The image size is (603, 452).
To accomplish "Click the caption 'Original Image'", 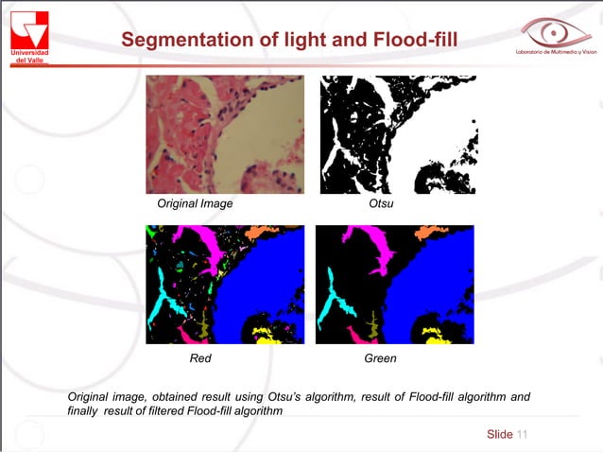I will (195, 203).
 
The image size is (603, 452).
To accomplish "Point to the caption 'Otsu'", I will (381, 203).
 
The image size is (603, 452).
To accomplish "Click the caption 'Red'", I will (200, 358).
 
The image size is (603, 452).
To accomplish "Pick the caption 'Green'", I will (380, 358).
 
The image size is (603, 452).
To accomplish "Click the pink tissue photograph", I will (225, 134).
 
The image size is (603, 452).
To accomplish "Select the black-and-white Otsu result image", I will (398, 134).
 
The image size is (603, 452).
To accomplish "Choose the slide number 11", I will (522, 434).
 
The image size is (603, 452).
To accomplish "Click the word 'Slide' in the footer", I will (499, 434).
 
